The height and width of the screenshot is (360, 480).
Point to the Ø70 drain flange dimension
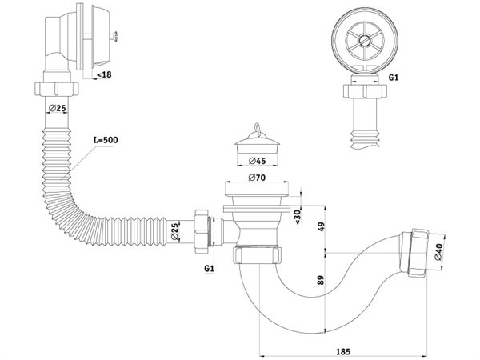point(256,177)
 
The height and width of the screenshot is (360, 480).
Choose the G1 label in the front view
point(393,78)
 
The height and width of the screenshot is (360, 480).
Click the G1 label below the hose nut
point(209,267)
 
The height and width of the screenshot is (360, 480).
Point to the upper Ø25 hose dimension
point(56,107)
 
